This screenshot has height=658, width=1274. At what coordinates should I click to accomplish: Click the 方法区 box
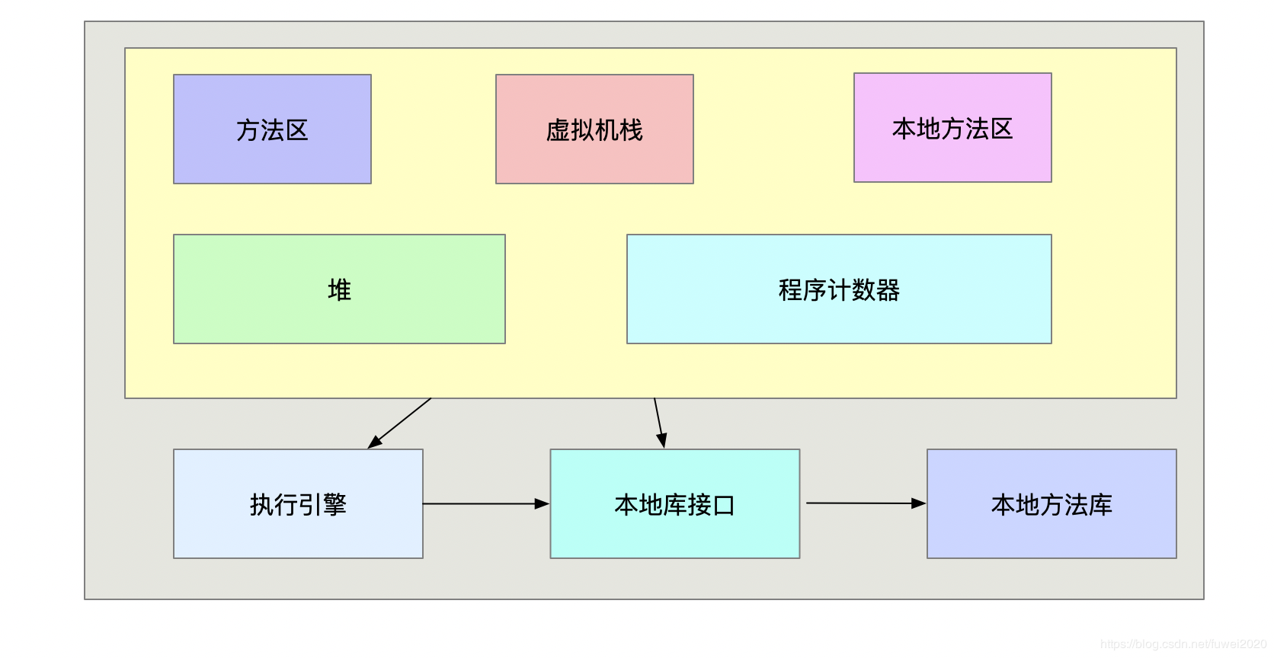[x=272, y=129]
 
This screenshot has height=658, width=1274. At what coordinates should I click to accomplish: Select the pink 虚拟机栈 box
[x=594, y=129]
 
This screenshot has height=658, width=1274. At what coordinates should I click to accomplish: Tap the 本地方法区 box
[x=952, y=128]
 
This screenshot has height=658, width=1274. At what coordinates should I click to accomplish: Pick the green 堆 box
[x=339, y=289]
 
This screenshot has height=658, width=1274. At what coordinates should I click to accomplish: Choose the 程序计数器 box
[x=839, y=289]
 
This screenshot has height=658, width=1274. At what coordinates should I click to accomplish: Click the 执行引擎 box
[x=298, y=504]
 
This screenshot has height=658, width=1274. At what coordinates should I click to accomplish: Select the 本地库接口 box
[x=675, y=504]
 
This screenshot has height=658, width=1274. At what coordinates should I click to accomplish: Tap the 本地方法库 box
[x=1052, y=504]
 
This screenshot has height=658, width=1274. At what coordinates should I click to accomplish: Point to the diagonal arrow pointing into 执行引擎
[x=400, y=423]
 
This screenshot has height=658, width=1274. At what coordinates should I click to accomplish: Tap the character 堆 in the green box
[x=339, y=290]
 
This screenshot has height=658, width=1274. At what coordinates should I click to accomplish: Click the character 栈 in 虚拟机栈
[x=632, y=130]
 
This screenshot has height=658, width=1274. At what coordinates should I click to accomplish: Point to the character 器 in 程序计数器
[x=888, y=290]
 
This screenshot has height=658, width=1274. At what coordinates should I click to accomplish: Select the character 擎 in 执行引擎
[x=335, y=504]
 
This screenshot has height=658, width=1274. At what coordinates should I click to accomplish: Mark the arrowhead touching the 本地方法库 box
[x=919, y=503]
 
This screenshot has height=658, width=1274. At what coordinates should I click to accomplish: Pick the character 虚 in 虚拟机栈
[x=558, y=130]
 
